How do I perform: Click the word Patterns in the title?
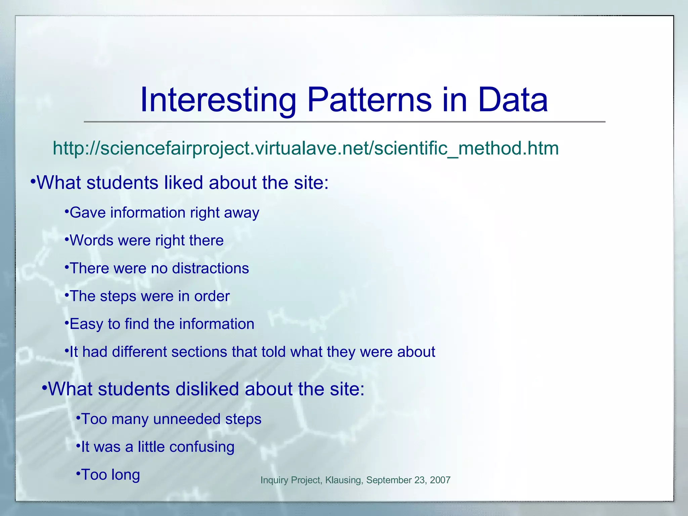coord(369,100)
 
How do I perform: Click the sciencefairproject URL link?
coord(306,148)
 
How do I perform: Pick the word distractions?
coord(210,268)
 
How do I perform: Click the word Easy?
coord(86,324)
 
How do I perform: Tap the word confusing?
coord(202,447)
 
